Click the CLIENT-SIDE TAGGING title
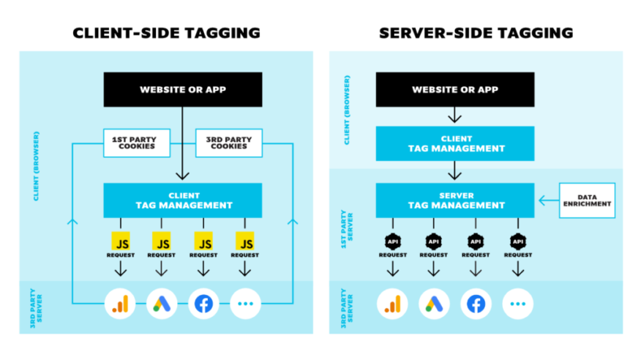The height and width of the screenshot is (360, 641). click(166, 33)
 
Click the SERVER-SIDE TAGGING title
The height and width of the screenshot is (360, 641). click(476, 33)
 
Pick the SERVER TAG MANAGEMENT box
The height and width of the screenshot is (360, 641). click(455, 200)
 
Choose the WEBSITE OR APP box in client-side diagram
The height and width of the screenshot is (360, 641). click(182, 90)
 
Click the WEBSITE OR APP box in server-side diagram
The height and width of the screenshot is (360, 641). click(455, 90)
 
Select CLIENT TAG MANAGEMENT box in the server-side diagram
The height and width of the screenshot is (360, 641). click(455, 143)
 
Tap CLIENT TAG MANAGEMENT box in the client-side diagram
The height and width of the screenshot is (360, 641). click(182, 200)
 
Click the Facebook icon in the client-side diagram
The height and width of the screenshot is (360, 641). click(204, 304)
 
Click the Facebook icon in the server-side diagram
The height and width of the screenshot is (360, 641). click(476, 304)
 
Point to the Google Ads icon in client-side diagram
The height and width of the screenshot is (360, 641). click(162, 304)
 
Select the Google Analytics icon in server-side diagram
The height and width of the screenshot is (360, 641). click(392, 304)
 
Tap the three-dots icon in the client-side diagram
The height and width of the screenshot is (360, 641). click(246, 304)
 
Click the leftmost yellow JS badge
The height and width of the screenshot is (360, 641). click(121, 241)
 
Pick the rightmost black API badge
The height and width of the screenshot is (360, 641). click(518, 241)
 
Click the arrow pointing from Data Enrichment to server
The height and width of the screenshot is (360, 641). click(547, 200)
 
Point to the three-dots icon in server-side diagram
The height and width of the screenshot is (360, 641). click(518, 304)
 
